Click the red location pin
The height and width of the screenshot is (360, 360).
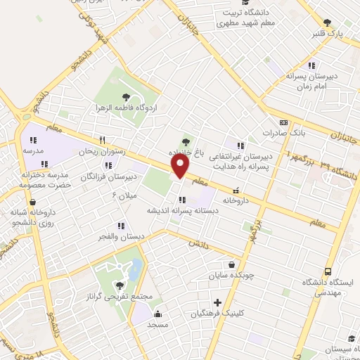181,166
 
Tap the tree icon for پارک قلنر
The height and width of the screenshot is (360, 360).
327,23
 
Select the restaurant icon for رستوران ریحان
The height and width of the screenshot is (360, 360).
103,140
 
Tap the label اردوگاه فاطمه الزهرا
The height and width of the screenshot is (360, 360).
127,108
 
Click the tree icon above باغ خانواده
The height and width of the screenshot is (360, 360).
186,140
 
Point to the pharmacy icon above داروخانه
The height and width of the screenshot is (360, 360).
236,189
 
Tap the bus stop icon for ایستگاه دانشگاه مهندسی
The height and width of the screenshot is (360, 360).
328,272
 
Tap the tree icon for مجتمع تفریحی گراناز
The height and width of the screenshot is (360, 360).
119,285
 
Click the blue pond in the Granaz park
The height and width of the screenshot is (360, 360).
136,268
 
